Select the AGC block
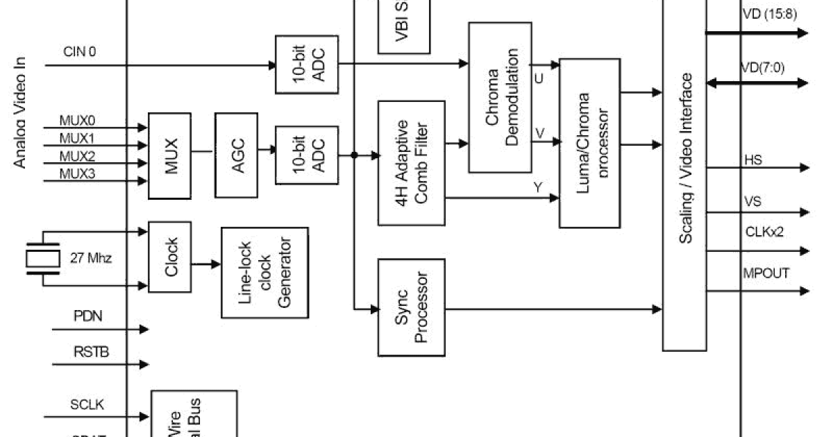[x=236, y=154]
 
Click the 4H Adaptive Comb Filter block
[x=412, y=163]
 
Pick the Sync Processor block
[x=412, y=307]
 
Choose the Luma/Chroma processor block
[x=589, y=143]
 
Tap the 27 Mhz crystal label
[x=91, y=259]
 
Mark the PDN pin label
[x=88, y=317]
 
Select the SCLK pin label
[x=88, y=404]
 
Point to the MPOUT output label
[x=766, y=273]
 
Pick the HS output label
[x=752, y=160]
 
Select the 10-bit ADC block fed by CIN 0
[x=306, y=65]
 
